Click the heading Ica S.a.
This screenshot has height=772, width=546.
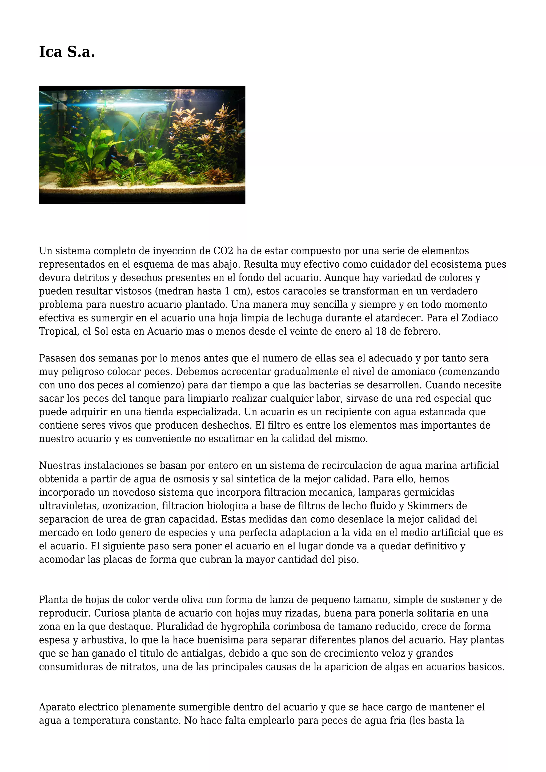pos(67,52)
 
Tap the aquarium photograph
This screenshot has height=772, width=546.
pos(142,145)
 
